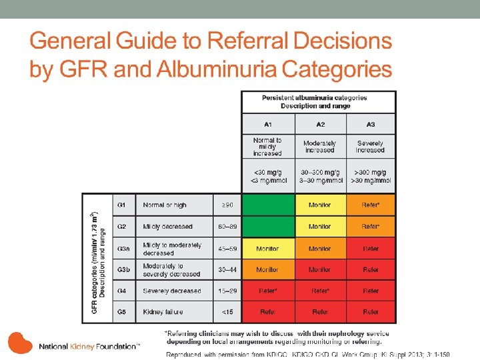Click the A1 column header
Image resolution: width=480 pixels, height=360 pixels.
(267, 124)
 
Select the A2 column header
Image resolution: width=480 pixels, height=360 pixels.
(320, 124)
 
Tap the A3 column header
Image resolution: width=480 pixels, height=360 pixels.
(371, 124)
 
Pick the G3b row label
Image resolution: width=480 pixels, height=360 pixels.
(124, 269)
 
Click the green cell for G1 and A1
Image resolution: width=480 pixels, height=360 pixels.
(267, 205)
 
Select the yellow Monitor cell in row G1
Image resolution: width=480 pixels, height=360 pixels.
(320, 205)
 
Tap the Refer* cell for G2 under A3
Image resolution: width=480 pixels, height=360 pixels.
(371, 227)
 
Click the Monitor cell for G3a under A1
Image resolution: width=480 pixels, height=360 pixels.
(267, 249)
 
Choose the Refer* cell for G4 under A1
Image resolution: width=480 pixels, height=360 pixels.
(267, 291)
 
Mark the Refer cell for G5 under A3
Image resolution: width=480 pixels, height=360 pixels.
(371, 312)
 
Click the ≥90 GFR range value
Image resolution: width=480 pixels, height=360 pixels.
(226, 205)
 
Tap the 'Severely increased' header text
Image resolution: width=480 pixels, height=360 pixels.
(371, 147)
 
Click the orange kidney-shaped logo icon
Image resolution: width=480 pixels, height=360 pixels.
(19, 343)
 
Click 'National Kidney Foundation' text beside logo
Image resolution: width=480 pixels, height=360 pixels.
(88, 347)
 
